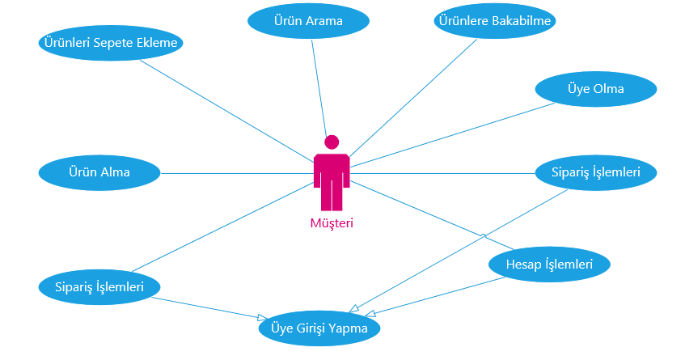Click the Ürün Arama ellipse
tap(307, 22)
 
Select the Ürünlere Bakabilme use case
tap(495, 22)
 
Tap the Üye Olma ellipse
tap(595, 89)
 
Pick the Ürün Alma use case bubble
tap(99, 172)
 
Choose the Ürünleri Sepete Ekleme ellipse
tap(111, 43)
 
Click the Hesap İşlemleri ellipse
tap(549, 265)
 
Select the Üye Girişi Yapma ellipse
tap(319, 329)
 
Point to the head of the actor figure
tap(332, 142)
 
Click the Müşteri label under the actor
tap(332, 223)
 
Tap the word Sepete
tap(120, 43)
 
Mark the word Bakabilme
tap(523, 22)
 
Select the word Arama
tap(323, 22)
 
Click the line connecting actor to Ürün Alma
tap(235, 172)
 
